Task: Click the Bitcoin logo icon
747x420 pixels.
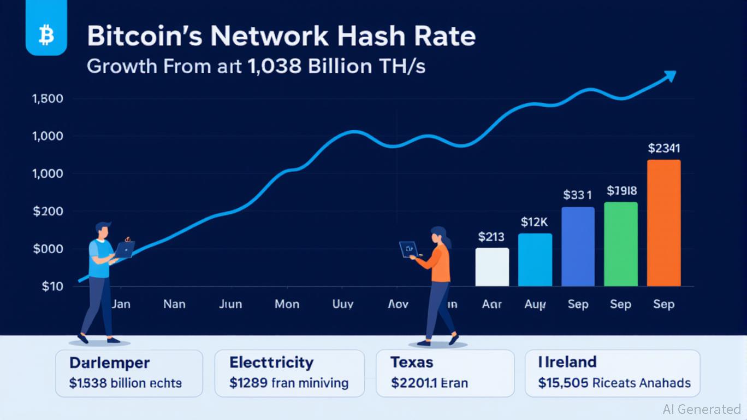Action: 46,36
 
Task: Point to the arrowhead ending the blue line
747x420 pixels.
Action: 669,77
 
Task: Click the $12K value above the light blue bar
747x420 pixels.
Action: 535,223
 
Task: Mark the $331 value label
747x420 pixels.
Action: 577,195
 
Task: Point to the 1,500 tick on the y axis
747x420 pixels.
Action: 48,99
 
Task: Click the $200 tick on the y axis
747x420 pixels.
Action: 48,212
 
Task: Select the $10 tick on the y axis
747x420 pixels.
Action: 52,287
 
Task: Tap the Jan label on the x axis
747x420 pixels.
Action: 121,304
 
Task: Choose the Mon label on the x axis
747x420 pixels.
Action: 287,304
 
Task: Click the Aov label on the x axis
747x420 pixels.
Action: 398,304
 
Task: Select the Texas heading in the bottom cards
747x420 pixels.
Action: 412,362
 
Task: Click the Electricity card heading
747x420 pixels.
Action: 271,362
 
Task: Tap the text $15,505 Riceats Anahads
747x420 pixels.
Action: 614,383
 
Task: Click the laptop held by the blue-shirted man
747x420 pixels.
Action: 124,250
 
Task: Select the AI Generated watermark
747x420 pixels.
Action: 702,409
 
